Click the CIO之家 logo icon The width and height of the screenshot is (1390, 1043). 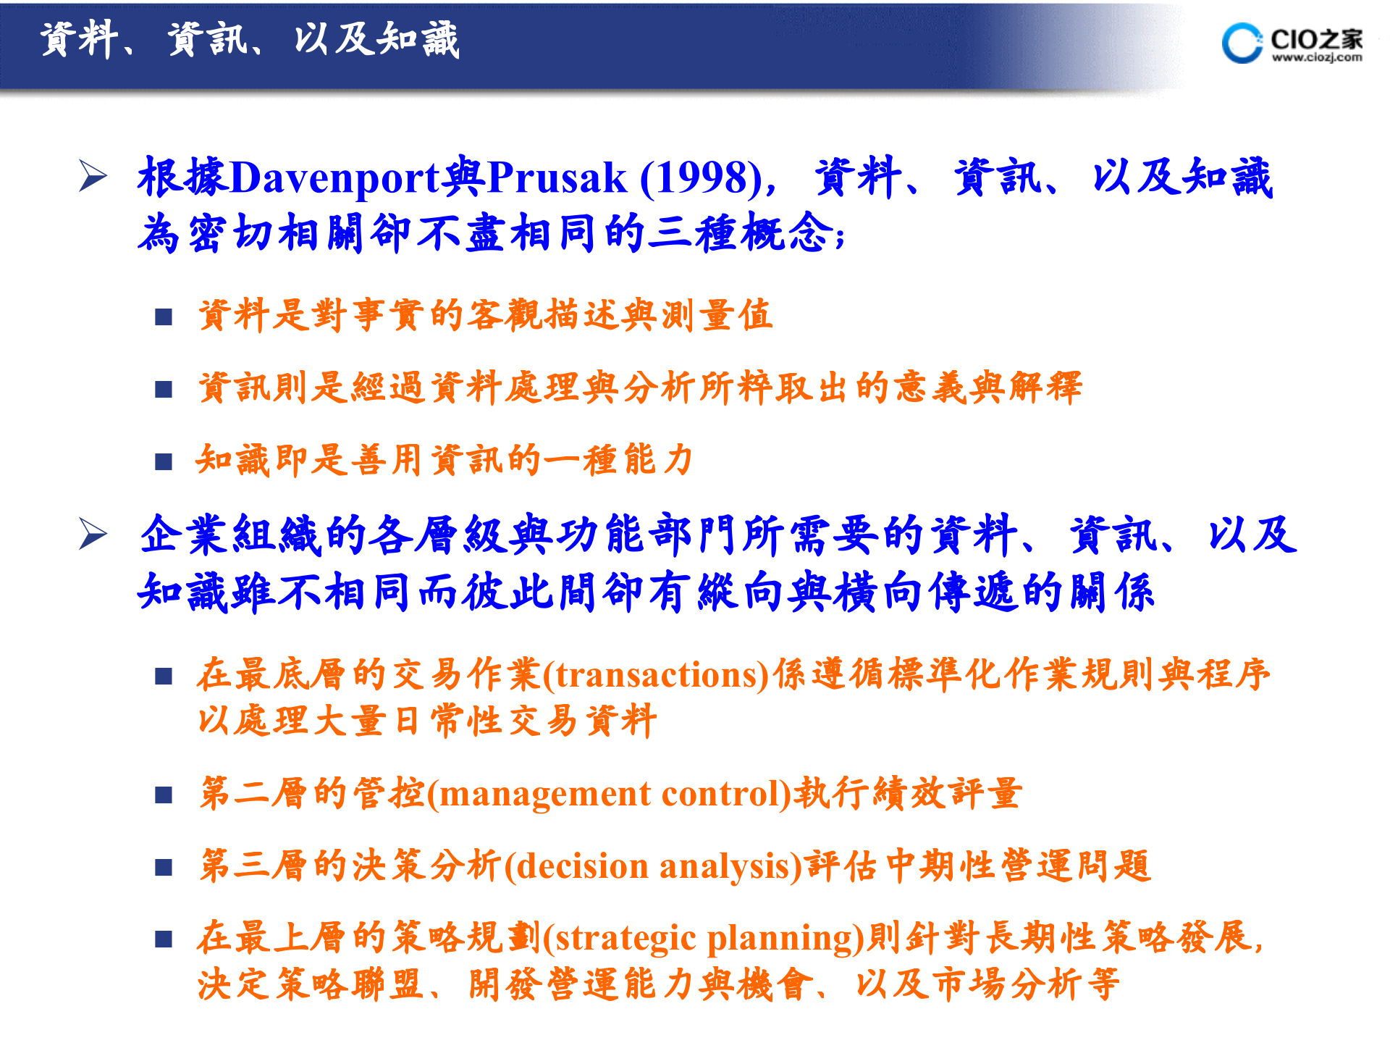tap(1241, 43)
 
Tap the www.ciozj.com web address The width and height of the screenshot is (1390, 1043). tap(1317, 58)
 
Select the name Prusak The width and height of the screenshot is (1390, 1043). tap(557, 177)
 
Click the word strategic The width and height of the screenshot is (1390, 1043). tap(625, 939)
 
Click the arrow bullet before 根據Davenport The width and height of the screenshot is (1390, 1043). tap(93, 177)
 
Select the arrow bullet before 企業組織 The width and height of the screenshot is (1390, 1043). tap(93, 535)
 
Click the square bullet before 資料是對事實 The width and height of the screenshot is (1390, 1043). tap(164, 317)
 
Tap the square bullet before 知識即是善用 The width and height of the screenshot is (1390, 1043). tap(164, 461)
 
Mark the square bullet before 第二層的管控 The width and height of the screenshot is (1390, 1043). tap(164, 795)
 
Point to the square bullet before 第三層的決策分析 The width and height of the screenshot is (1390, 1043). tap(164, 867)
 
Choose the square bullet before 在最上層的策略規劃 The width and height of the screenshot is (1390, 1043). tap(164, 939)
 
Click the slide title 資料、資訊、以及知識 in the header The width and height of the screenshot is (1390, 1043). tap(249, 40)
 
